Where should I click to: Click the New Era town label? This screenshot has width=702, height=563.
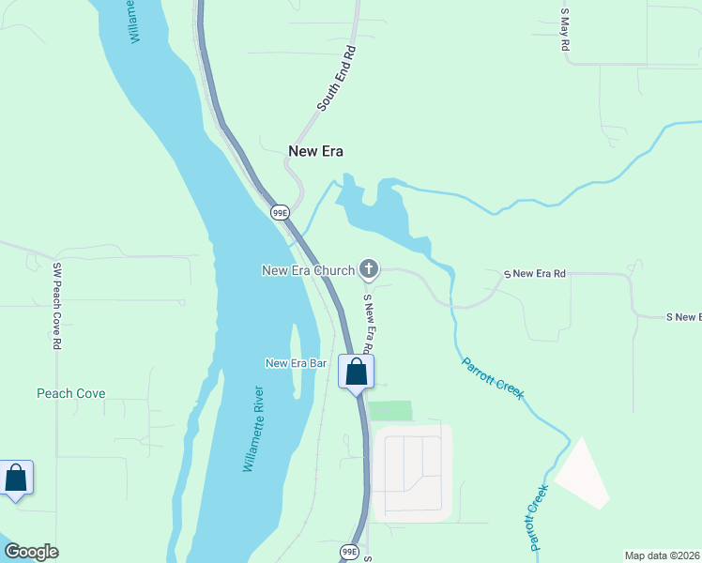(x=315, y=151)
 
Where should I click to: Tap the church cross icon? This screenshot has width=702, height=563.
(x=369, y=271)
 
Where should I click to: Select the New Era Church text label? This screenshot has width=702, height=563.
(x=308, y=271)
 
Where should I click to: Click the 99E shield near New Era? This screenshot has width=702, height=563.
(x=280, y=213)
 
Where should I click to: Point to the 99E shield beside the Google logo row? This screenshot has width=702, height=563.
(x=349, y=551)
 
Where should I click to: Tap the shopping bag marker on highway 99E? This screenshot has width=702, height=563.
(x=357, y=373)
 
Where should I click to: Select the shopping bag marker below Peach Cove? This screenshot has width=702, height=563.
(x=16, y=479)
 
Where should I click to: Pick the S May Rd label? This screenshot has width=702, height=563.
(x=565, y=29)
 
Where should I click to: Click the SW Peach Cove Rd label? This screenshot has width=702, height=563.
(x=56, y=306)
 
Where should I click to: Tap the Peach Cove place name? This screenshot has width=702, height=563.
(x=71, y=394)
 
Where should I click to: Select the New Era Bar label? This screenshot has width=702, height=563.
(x=295, y=364)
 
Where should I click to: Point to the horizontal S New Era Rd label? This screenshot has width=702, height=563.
(x=535, y=274)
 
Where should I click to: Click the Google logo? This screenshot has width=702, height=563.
(x=31, y=552)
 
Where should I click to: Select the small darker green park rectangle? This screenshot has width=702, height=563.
(x=389, y=411)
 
